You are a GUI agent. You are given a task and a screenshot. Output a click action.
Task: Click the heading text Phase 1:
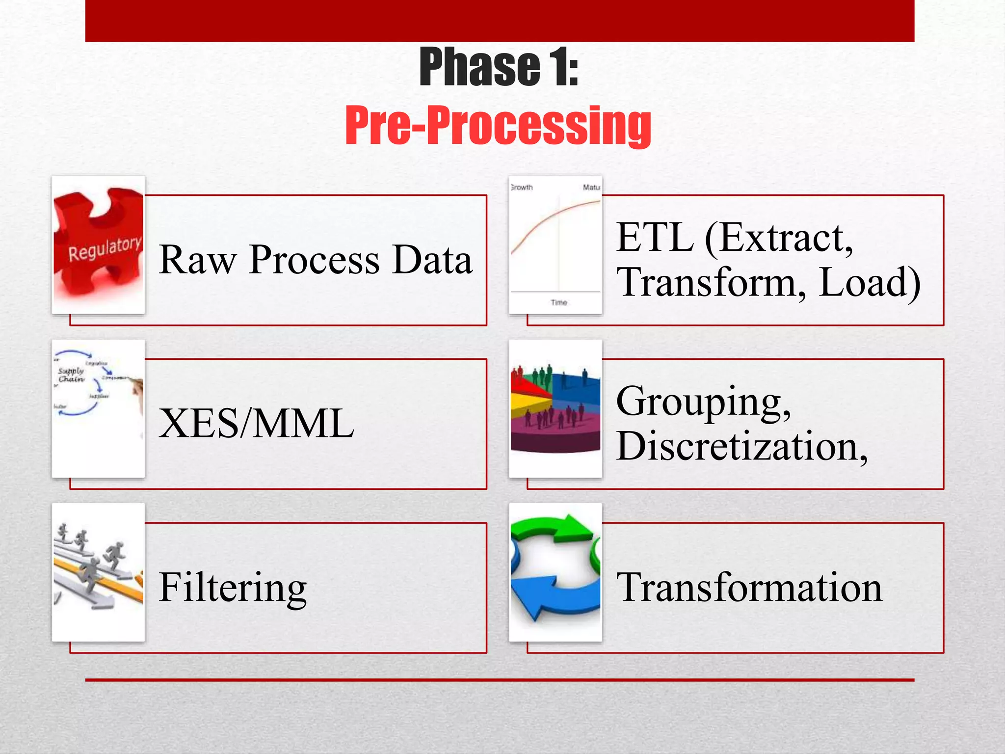click(x=499, y=68)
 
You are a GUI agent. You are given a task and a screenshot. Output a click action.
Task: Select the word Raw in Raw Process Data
click(x=197, y=260)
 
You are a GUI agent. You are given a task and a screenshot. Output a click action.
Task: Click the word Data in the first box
click(x=432, y=260)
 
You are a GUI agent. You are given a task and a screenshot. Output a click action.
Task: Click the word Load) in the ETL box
click(x=869, y=283)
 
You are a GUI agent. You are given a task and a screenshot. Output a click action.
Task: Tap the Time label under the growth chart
click(x=558, y=303)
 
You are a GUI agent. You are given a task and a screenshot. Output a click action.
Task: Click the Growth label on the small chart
click(x=522, y=188)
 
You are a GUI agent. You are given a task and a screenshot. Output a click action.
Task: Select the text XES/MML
click(x=256, y=424)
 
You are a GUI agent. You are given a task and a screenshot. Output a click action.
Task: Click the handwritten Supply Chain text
click(x=71, y=375)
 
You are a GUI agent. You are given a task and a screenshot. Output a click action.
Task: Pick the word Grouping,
click(x=703, y=402)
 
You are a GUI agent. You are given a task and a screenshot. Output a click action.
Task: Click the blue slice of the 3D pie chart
click(x=579, y=388)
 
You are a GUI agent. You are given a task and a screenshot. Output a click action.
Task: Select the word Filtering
click(x=233, y=588)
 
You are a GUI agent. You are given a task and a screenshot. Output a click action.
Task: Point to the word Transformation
click(x=749, y=588)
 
